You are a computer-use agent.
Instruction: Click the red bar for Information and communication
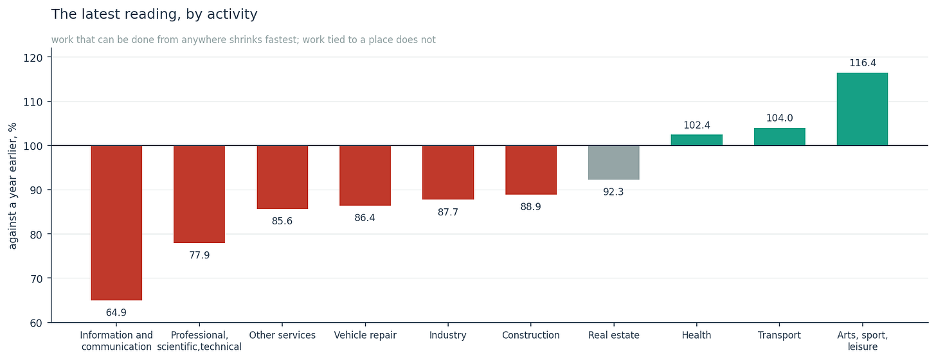pos(116,222)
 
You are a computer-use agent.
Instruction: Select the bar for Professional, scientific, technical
pos(199,194)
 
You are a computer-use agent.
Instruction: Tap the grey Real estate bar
pos(614,163)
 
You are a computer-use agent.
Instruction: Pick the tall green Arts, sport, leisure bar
pos(863,109)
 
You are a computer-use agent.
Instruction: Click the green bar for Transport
pos(780,137)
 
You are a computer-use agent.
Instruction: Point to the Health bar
pos(697,140)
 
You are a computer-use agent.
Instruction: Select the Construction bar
pos(531,170)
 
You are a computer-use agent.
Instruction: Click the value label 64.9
pos(116,312)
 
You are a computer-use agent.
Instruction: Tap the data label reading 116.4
pos(863,63)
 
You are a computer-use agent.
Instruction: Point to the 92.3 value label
pos(613,192)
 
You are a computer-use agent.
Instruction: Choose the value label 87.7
pos(448,212)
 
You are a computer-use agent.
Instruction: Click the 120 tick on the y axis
pos(33,58)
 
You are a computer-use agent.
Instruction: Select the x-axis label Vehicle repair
pos(365,336)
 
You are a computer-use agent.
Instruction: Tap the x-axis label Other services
pos(282,336)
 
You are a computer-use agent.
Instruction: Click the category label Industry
pos(448,336)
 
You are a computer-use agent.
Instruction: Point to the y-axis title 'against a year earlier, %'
pos(13,186)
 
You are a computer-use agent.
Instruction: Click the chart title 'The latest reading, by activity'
pos(154,14)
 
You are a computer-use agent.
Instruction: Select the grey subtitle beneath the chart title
pos(244,40)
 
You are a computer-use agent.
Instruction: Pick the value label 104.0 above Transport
pos(780,118)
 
